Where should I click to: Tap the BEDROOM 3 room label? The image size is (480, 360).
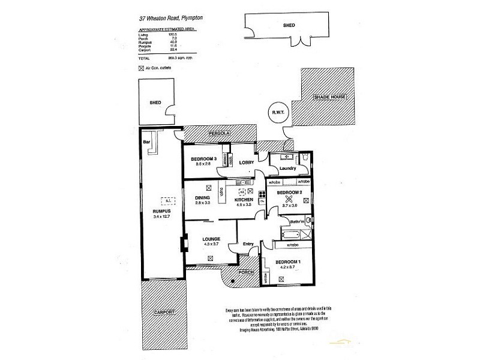click(x=203, y=158)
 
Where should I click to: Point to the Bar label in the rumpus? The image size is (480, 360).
click(x=146, y=142)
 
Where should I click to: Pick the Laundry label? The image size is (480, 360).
click(x=287, y=169)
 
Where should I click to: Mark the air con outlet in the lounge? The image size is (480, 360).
click(x=209, y=257)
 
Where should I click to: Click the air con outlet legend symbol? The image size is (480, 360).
click(x=141, y=69)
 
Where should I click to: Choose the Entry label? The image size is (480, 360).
click(x=248, y=243)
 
